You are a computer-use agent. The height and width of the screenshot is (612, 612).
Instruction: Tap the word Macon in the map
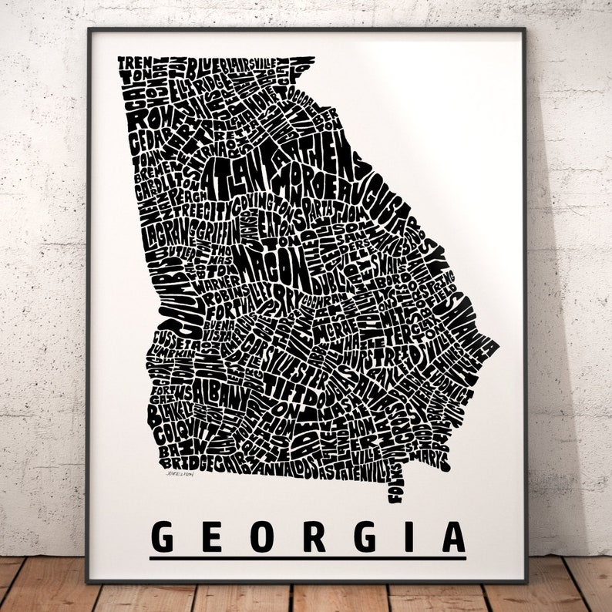tap(267, 266)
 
